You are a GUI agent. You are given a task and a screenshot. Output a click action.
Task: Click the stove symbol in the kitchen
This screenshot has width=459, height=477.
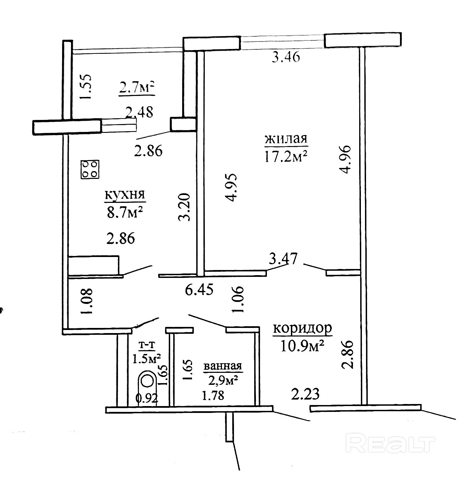pos(90,170)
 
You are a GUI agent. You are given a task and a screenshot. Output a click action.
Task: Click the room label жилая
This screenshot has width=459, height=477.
pos(286,139)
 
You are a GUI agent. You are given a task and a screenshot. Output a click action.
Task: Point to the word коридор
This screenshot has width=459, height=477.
pos(302,328)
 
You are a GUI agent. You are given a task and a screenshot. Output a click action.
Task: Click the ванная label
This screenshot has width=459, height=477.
pos(223,366)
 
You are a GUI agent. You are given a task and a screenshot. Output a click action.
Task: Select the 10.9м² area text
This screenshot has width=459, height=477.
pos(302,346)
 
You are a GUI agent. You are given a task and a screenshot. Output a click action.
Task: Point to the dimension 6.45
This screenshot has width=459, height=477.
pos(199,290)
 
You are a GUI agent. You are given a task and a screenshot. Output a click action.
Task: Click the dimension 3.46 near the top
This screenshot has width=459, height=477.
pos(286,57)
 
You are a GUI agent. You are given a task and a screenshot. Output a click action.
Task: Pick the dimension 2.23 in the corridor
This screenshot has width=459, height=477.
pos(305,394)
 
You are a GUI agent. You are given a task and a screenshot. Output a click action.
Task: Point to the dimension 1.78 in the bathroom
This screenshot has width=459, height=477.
pos(213,395)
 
